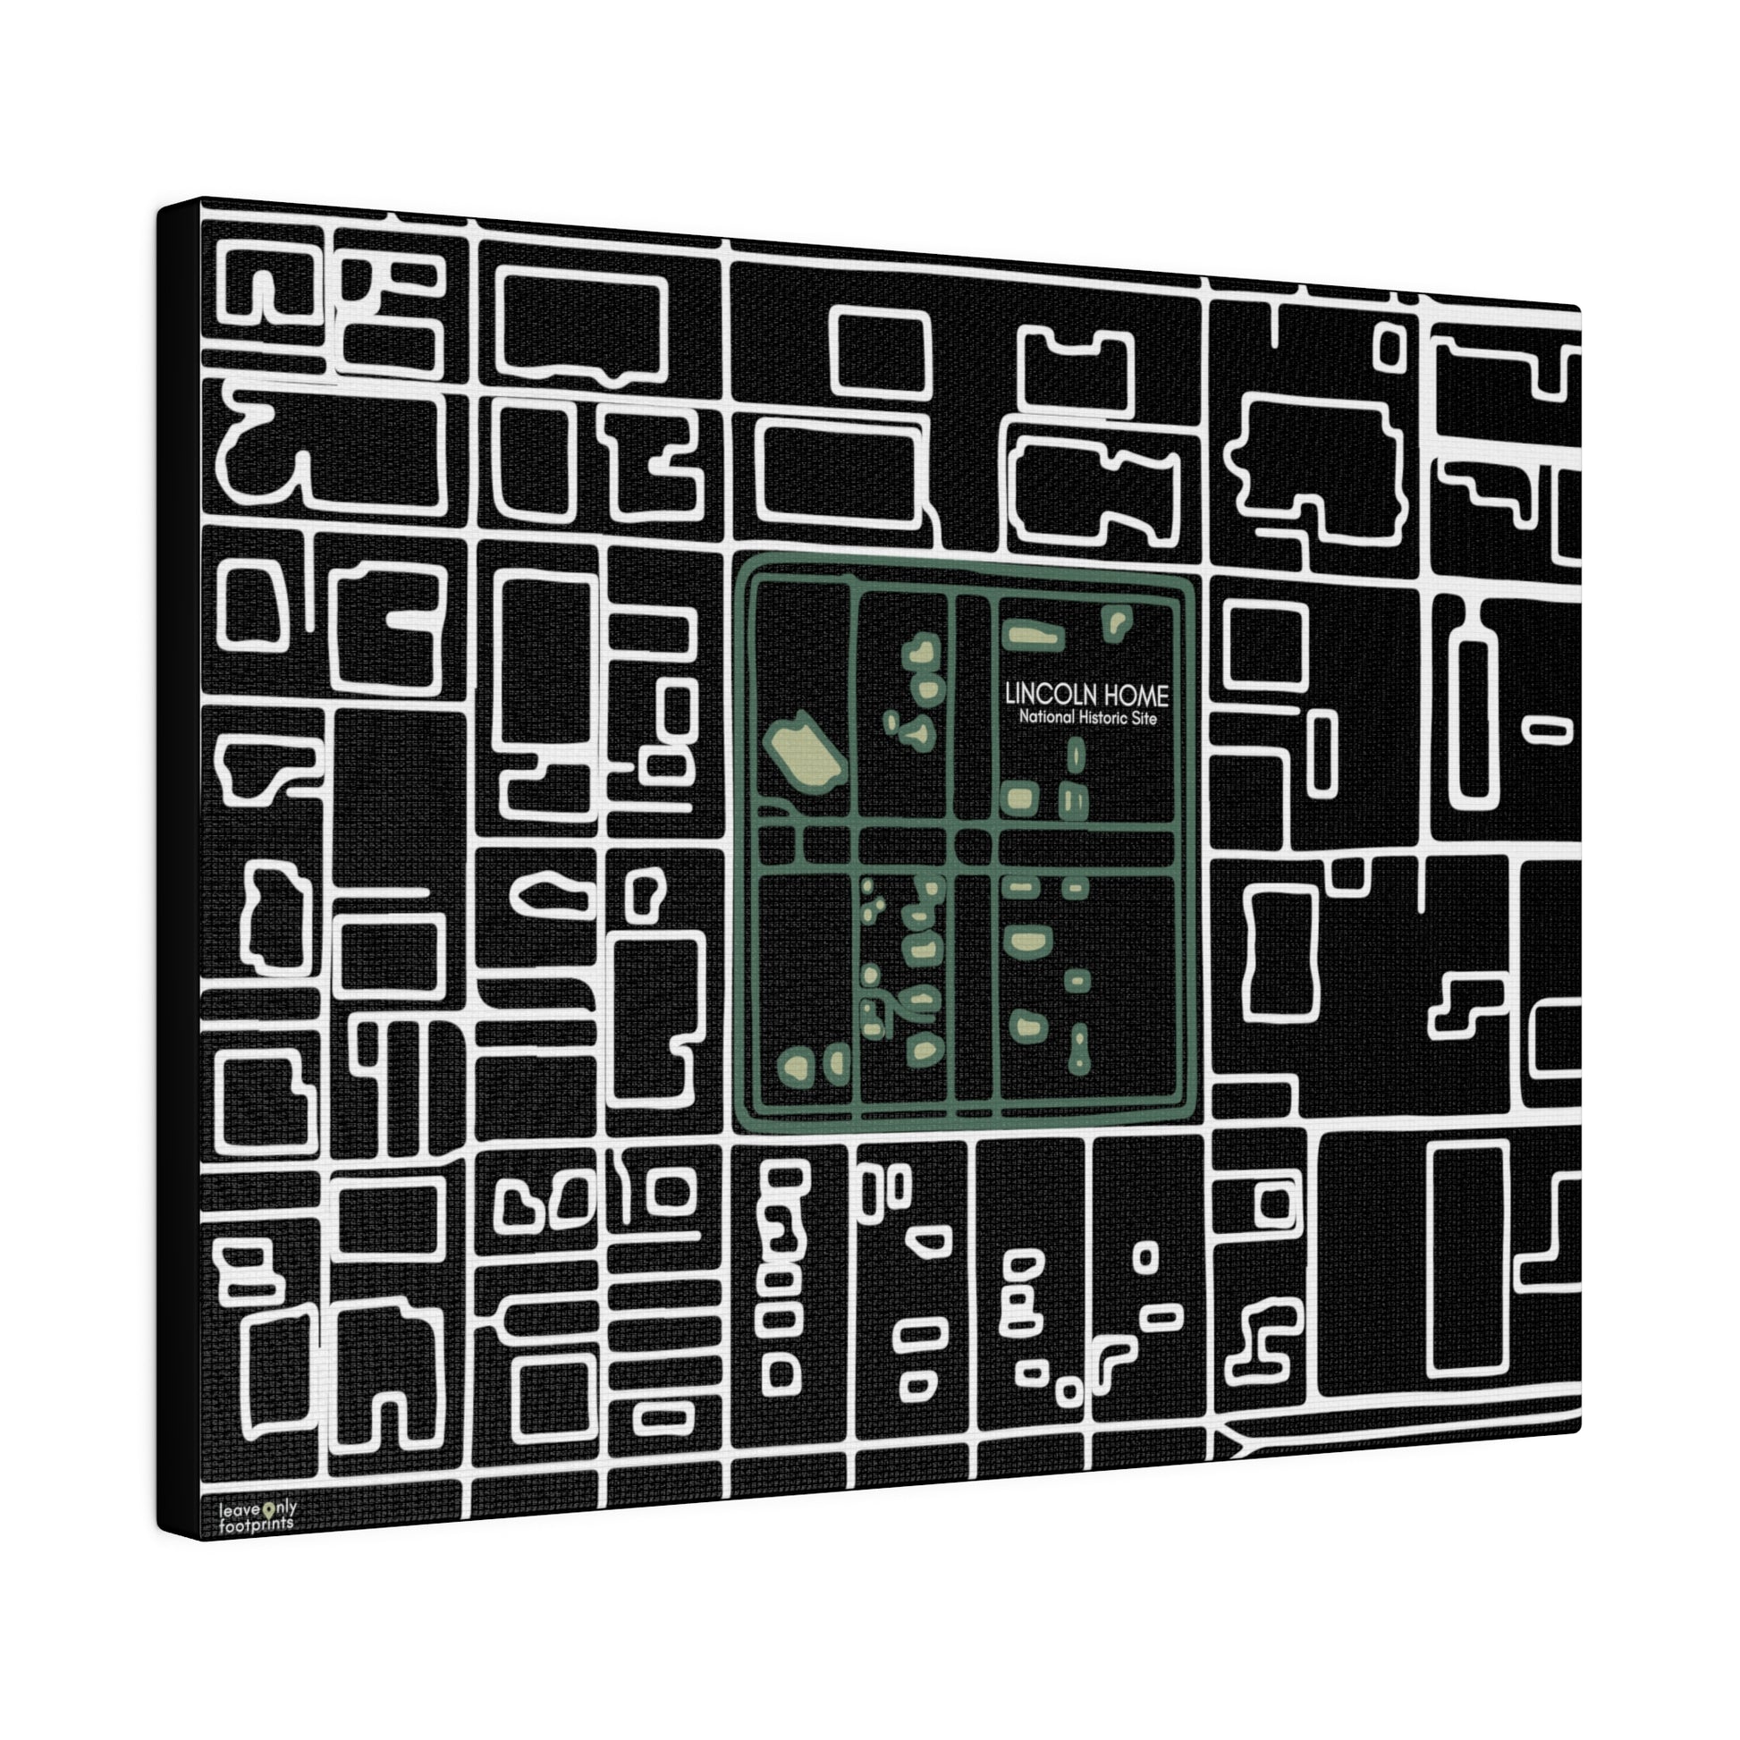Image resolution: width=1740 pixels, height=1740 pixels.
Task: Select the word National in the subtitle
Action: tap(1046, 718)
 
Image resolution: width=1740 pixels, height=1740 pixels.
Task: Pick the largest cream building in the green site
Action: tap(803, 752)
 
